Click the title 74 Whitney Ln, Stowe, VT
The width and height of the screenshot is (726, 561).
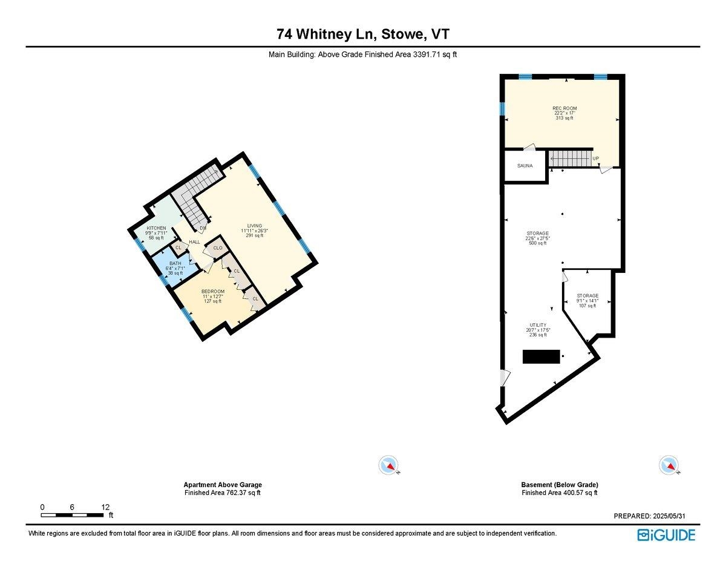point(363,34)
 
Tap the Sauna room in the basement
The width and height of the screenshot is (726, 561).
point(525,165)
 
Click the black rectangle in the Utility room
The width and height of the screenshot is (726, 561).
point(541,357)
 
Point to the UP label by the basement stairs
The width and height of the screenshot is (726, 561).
point(596,159)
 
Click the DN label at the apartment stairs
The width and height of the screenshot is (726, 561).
point(203,228)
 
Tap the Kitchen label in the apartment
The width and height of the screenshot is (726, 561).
point(156,229)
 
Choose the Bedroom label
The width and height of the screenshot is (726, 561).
point(213,292)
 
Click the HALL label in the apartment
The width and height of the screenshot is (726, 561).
point(194,242)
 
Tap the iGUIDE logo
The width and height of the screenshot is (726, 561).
point(666,535)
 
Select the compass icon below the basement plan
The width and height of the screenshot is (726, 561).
point(667,465)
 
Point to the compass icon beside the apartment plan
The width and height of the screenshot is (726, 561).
point(388,465)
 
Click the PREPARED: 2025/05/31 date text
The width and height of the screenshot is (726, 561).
point(649,516)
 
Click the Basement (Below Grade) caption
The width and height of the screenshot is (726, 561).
point(559,485)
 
